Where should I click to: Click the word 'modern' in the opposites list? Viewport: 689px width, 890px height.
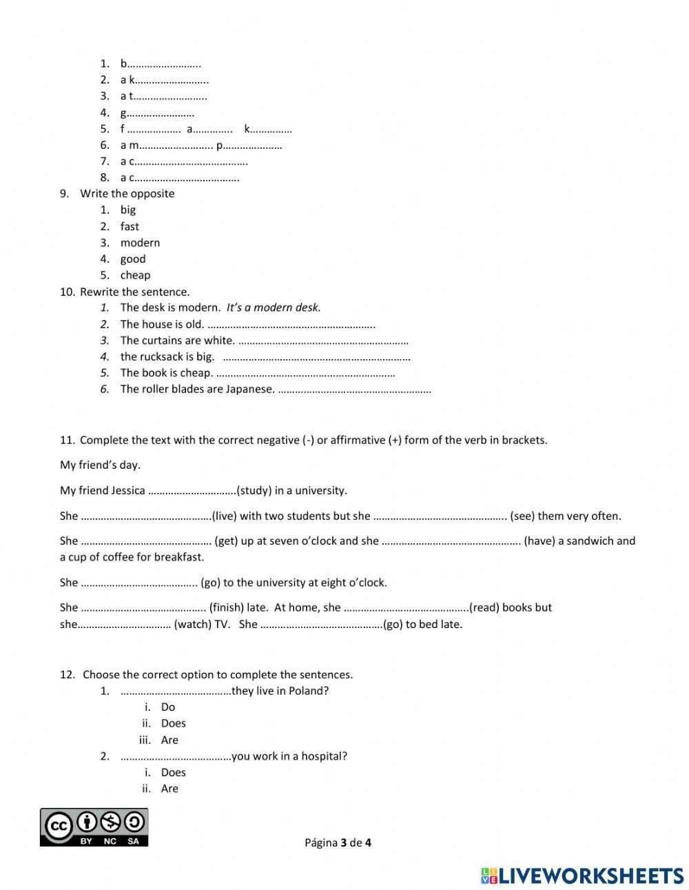140,243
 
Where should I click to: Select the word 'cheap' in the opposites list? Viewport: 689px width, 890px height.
135,275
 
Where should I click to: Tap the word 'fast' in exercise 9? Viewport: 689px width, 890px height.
130,226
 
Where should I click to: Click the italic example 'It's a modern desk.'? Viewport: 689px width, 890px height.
274,307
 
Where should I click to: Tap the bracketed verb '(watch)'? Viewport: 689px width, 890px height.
193,625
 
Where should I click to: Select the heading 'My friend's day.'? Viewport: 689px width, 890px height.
100,465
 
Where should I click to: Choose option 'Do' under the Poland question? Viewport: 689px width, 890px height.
168,707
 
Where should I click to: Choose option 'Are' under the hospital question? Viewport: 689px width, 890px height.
169,789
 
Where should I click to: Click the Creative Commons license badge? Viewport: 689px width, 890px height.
94,827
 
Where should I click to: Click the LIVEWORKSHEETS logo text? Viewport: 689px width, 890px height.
590,876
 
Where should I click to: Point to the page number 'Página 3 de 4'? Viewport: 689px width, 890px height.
338,842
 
